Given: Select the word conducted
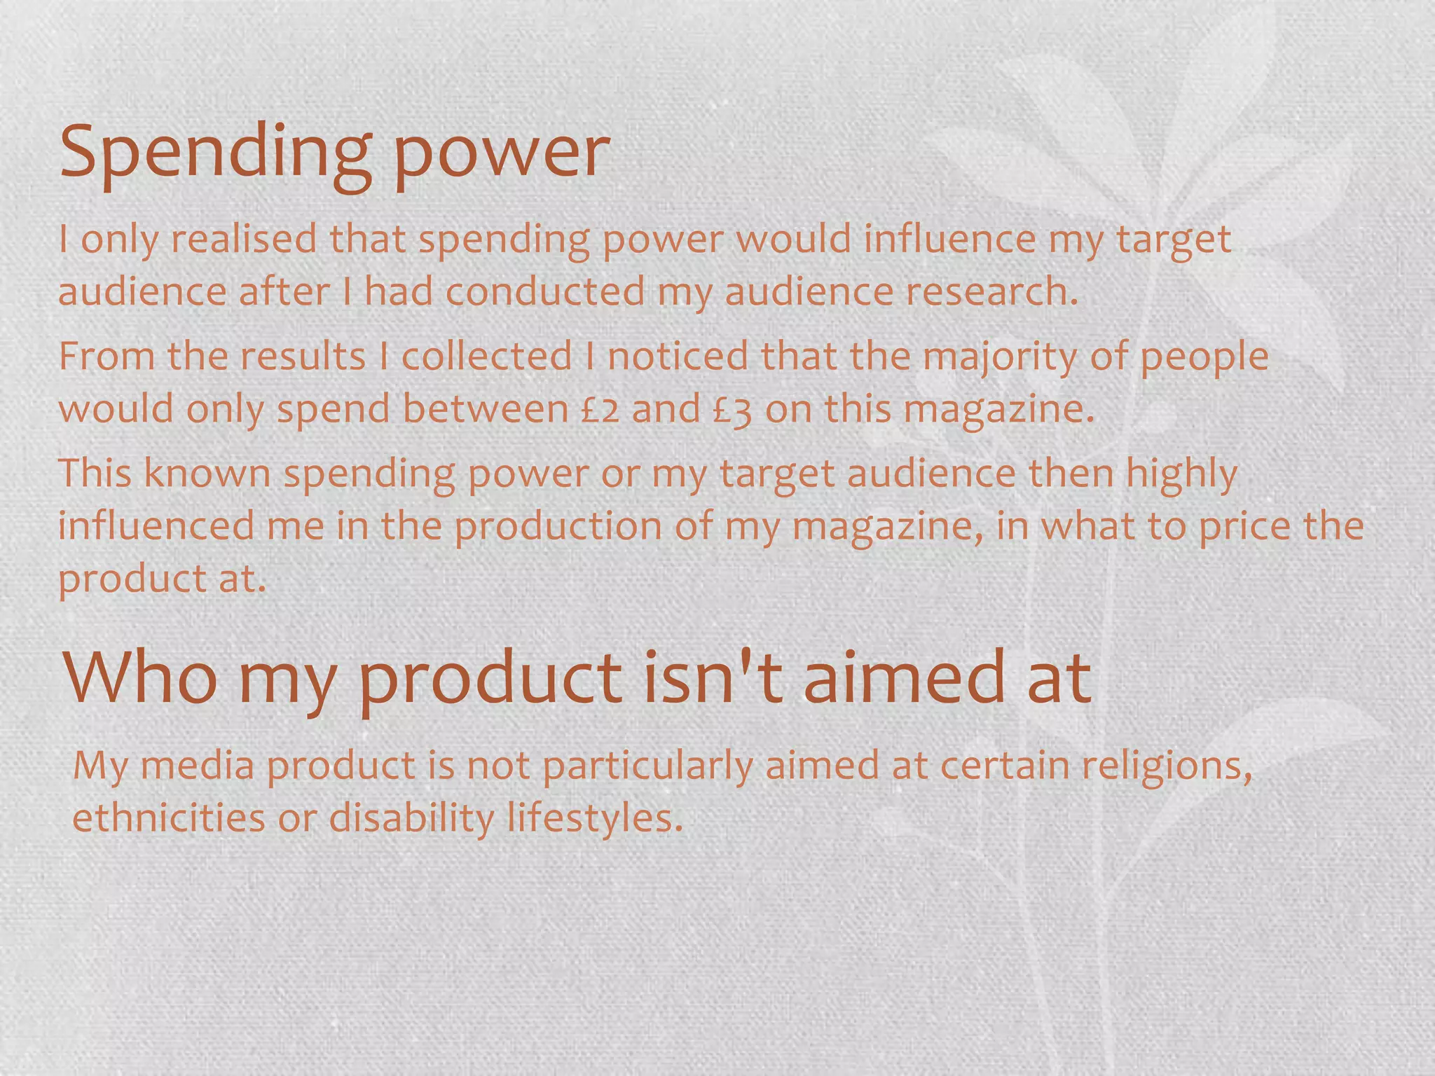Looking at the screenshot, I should [x=545, y=291].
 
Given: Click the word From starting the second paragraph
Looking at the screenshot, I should [x=106, y=356].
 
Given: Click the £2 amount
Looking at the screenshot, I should [x=600, y=409].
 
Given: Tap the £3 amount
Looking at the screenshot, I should [x=732, y=411].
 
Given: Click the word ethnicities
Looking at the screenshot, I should [x=168, y=818].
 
